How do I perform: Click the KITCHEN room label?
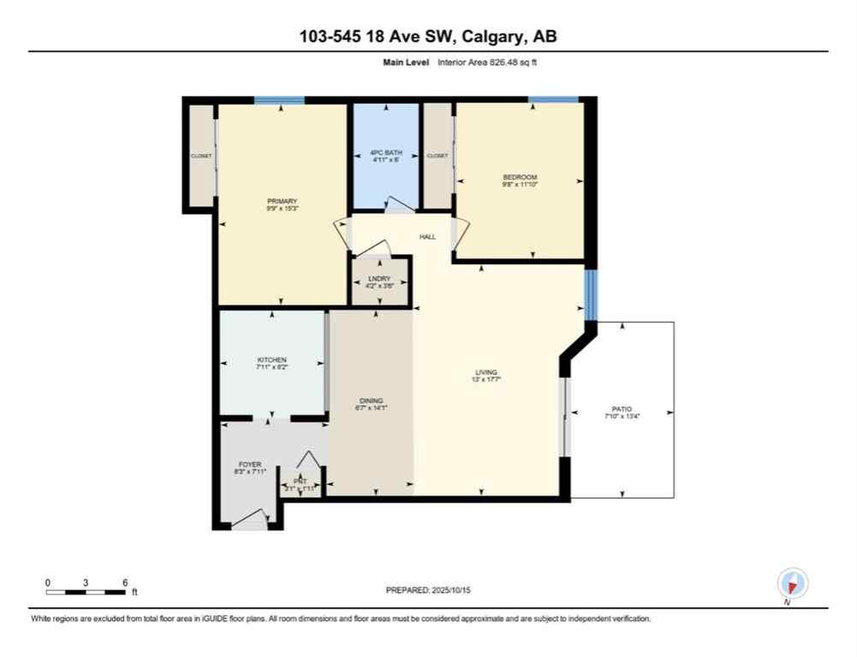[x=271, y=359]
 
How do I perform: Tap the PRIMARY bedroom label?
[x=282, y=201]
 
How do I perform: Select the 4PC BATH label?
[x=386, y=152]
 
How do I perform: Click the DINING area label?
[x=371, y=400]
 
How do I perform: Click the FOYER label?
[x=250, y=464]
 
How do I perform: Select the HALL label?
[x=427, y=237]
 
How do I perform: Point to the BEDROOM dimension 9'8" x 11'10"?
[x=520, y=184]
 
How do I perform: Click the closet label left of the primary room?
[x=200, y=156]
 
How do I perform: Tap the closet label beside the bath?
[x=437, y=156]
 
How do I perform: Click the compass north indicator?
[x=792, y=584]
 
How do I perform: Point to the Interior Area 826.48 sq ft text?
[x=487, y=62]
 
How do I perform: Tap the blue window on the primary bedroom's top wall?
[x=279, y=100]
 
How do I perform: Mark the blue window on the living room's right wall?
[x=590, y=294]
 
